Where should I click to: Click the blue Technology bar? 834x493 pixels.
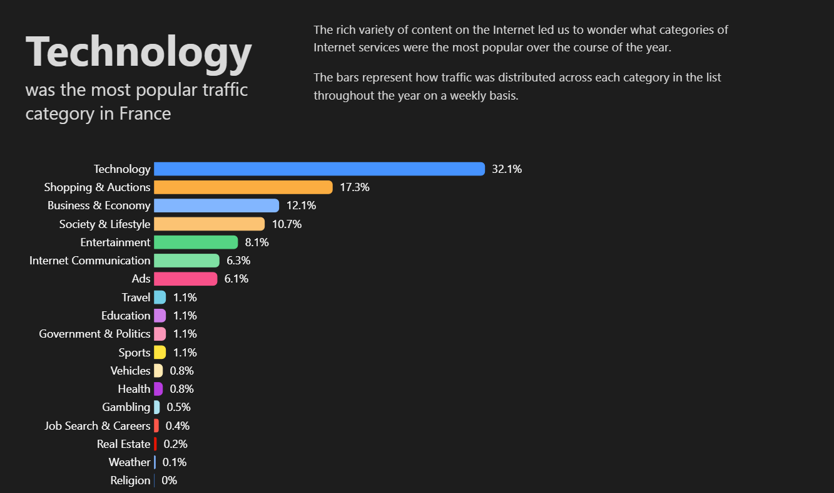pos(319,169)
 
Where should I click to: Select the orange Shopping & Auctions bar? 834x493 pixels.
pos(243,187)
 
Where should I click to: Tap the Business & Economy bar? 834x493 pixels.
pos(216,205)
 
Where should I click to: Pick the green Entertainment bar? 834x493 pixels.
pos(196,242)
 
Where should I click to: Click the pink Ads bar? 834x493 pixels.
pos(185,279)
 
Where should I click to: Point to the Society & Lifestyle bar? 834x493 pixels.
pos(209,224)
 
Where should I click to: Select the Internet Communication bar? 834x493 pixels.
pos(186,261)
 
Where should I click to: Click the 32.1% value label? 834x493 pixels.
pos(507,169)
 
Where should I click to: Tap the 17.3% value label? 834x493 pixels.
pos(355,187)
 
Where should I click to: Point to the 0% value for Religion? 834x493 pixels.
pos(169,480)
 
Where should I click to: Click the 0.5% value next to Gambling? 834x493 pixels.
pos(178,407)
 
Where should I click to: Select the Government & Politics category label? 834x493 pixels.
pos(94,334)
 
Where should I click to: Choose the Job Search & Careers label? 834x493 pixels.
pos(98,426)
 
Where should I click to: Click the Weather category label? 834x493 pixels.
pos(130,462)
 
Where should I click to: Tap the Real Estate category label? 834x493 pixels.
pos(124,444)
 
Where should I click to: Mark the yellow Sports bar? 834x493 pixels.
pos(160,352)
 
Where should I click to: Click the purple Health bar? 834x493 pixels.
pos(158,389)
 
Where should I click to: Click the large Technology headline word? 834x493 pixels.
pos(138,52)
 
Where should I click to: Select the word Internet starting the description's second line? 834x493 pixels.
pos(335,47)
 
